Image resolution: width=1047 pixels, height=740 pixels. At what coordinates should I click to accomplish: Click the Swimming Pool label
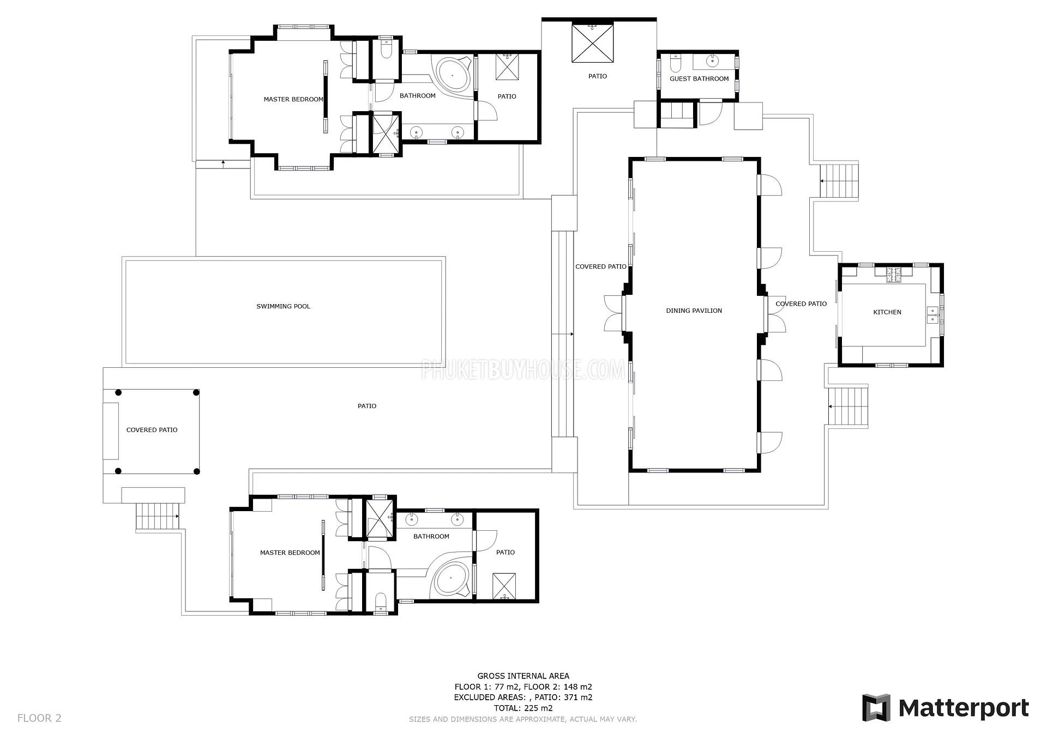[283, 306]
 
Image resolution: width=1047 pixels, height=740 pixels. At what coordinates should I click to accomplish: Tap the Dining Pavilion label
[694, 311]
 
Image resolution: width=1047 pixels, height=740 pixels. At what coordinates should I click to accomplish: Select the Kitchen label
[887, 312]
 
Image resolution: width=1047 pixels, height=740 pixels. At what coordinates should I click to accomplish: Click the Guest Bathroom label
[699, 78]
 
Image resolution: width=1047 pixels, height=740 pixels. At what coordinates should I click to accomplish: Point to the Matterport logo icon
[876, 707]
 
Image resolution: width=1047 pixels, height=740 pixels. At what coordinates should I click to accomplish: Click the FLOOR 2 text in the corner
[39, 718]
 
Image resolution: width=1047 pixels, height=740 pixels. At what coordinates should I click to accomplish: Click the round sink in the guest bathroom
[712, 61]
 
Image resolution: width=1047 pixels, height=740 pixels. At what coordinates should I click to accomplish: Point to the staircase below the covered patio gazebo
[158, 515]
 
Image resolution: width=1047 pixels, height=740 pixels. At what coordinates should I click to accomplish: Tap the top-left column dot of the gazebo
[118, 392]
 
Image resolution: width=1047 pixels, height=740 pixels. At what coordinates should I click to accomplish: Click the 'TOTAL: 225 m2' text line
[523, 708]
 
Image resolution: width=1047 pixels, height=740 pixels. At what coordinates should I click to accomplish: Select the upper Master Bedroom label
[293, 99]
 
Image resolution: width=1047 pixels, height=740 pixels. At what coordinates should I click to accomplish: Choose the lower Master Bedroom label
[290, 553]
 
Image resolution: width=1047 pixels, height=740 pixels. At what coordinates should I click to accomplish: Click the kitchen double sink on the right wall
[934, 315]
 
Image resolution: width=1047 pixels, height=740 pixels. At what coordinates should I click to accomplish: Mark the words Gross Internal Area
[523, 676]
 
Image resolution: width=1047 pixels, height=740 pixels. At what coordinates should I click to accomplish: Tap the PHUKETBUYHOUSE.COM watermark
[523, 370]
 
